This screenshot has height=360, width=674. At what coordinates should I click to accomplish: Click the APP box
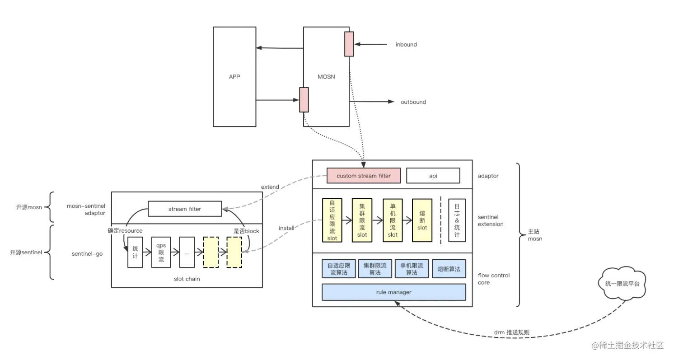point(234,77)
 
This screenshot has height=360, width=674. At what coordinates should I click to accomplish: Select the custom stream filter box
point(363,176)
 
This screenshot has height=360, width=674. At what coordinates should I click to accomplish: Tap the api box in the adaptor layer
point(433,176)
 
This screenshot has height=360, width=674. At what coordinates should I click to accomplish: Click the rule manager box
point(393,292)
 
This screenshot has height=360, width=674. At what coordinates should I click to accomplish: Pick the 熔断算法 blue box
point(449,269)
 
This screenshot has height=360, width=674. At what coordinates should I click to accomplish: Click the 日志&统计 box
point(457,220)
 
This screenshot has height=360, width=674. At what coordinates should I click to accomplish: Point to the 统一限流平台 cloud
point(625,284)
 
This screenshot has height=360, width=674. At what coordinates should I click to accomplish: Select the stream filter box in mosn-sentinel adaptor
point(185,209)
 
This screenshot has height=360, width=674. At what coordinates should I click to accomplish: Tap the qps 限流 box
point(161,252)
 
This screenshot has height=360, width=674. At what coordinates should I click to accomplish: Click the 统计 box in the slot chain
point(135,252)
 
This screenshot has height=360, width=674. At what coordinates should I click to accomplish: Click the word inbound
point(406,45)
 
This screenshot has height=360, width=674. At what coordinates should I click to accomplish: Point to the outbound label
point(413,102)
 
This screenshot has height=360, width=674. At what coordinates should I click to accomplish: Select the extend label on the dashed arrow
point(270,187)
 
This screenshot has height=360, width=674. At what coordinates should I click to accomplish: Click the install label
point(286,228)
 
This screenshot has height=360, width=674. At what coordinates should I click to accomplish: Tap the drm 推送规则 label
point(512,332)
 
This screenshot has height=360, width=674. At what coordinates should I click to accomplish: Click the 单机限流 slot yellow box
point(393,220)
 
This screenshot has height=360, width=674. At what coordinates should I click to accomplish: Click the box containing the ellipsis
point(187,252)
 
